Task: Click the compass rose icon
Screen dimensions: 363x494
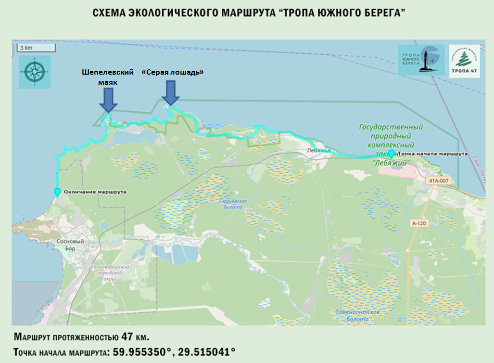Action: [35, 72]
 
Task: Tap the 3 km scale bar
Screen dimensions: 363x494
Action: [37, 48]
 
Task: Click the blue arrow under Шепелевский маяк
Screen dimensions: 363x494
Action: [108, 100]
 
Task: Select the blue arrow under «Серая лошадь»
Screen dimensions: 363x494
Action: [171, 92]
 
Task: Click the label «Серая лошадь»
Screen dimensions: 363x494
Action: [173, 72]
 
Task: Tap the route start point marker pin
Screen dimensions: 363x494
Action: [392, 154]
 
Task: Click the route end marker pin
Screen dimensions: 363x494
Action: [58, 192]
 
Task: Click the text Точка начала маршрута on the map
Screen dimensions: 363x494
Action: [433, 154]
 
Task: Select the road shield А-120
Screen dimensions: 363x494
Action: [419, 223]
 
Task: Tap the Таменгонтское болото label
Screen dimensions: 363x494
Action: [358, 315]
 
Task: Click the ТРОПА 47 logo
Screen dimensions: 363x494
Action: [464, 60]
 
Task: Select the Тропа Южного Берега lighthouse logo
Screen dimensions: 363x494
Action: [421, 60]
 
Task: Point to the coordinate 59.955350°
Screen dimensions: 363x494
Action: [142, 351]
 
